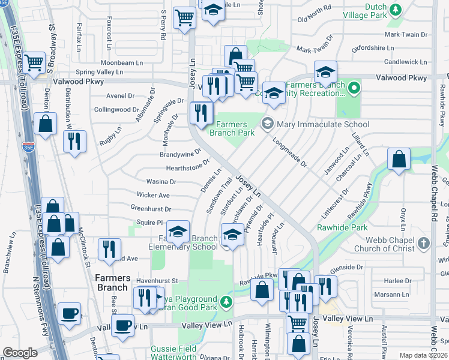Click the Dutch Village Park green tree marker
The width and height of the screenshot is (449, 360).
click(396, 9)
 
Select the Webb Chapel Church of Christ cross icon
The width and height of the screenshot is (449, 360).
click(424, 244)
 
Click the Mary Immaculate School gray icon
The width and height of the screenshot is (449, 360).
click(267, 125)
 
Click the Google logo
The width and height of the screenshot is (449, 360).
click(20, 353)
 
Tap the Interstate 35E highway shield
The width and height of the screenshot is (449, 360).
click(28, 146)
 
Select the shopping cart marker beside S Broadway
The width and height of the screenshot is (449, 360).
click(35, 61)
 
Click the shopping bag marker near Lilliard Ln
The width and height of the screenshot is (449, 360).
click(399, 160)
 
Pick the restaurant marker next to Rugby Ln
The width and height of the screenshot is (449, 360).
click(74, 142)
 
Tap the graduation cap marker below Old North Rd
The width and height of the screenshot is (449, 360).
click(325, 73)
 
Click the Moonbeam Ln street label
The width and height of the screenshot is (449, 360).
click(121, 62)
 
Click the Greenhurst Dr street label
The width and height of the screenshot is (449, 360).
click(151, 209)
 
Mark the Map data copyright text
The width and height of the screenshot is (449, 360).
click(424, 355)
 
